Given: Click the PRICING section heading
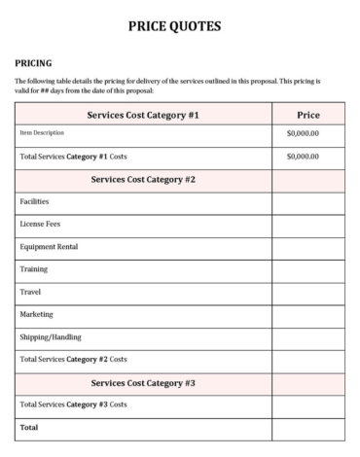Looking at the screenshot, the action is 34,62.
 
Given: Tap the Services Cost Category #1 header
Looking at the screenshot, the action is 143,115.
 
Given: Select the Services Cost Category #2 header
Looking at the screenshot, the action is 143,179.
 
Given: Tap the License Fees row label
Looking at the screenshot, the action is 40,224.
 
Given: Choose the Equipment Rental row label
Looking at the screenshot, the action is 49,246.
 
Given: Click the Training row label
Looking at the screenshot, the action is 34,268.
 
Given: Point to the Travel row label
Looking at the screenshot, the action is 30,291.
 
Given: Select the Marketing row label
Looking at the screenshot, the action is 37,314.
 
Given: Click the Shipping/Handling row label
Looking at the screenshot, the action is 51,336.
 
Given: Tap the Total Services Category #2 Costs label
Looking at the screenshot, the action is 73,359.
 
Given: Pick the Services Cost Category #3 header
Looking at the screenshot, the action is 143,382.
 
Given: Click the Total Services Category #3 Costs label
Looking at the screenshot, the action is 73,404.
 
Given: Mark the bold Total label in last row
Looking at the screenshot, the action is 29,426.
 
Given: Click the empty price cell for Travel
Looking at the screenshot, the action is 307,291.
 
